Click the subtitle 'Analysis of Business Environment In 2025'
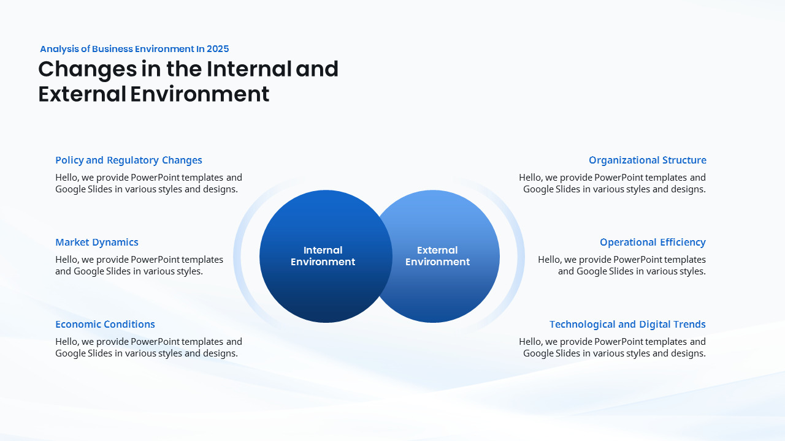click(x=134, y=49)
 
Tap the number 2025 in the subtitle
click(x=218, y=49)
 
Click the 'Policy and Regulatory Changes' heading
click(x=129, y=160)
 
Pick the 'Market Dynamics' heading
click(x=97, y=243)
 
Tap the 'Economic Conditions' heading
click(x=105, y=325)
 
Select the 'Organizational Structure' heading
click(x=647, y=160)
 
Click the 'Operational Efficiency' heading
click(x=653, y=243)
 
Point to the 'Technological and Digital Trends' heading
click(x=627, y=325)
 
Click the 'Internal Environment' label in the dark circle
click(x=323, y=256)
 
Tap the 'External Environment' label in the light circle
click(x=437, y=256)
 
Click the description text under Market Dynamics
click(x=139, y=265)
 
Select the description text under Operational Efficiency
click(x=622, y=265)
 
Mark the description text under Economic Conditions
click(x=148, y=347)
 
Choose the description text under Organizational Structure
click(x=612, y=183)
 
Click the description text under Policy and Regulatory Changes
click(x=148, y=183)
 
